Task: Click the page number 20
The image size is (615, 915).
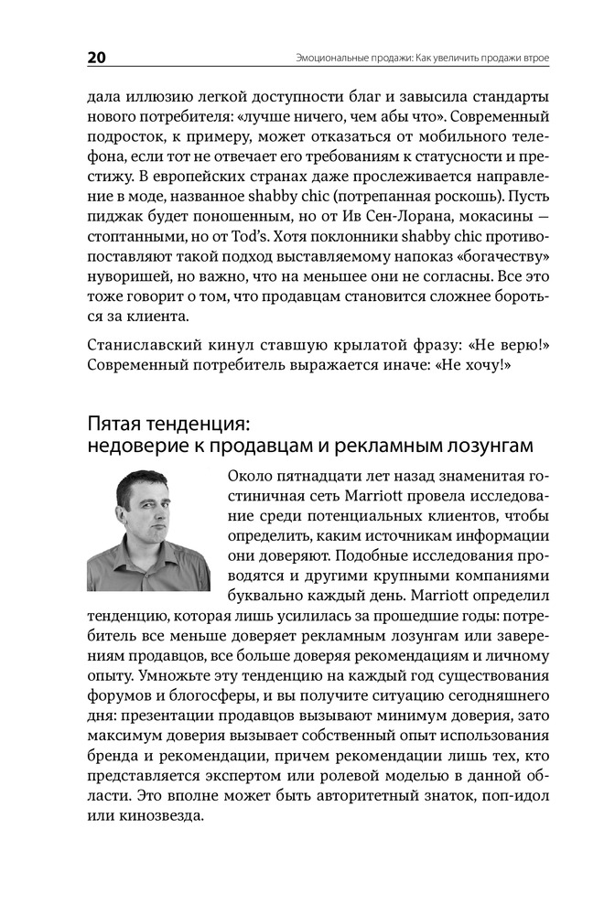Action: [x=97, y=58]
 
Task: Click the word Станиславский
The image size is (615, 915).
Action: [x=143, y=344]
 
